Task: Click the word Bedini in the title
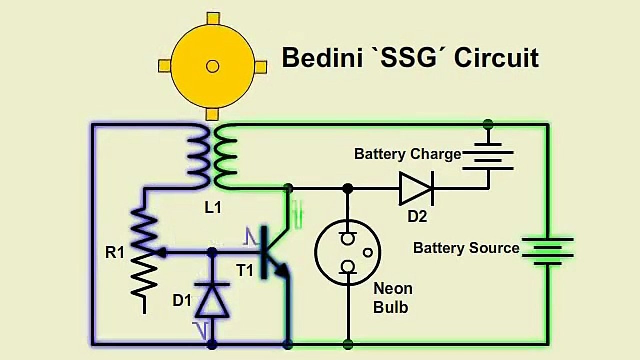323,58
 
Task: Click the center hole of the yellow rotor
212,66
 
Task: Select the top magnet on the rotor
213,18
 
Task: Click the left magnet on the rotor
164,66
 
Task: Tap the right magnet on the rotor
260,66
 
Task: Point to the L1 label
213,208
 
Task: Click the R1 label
114,253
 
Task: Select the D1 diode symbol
212,300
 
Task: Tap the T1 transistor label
245,271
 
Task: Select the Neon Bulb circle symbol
348,253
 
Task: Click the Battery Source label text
466,248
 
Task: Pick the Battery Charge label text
407,154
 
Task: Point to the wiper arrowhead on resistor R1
162,253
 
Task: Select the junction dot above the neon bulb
348,188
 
